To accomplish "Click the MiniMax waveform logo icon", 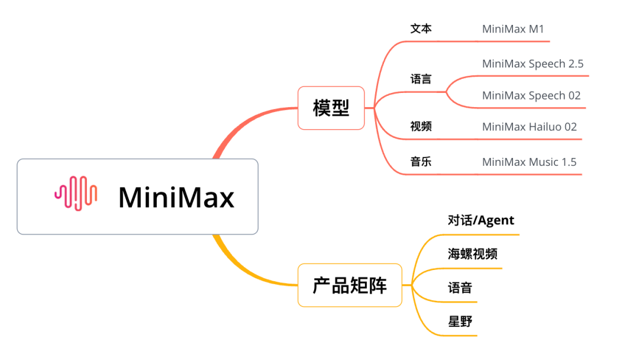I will [x=76, y=194].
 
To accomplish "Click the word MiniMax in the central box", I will [x=176, y=197].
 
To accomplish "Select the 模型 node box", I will [x=331, y=108].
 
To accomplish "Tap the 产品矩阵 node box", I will [x=350, y=285].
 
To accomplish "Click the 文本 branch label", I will [x=421, y=28].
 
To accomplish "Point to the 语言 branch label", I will [x=421, y=79].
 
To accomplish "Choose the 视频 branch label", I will [x=421, y=126].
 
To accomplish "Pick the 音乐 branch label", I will [x=421, y=162].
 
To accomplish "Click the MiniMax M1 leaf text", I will [x=512, y=28].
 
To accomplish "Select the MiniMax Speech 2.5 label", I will [x=532, y=64].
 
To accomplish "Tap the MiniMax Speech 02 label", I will [x=531, y=95].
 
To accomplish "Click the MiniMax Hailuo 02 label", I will [x=529, y=127].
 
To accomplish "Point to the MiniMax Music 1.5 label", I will [x=529, y=162].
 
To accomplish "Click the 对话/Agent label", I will [x=481, y=221].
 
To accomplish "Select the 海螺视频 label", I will [x=473, y=254].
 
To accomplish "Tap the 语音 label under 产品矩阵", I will [x=460, y=288].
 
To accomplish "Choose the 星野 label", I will [x=460, y=322].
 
